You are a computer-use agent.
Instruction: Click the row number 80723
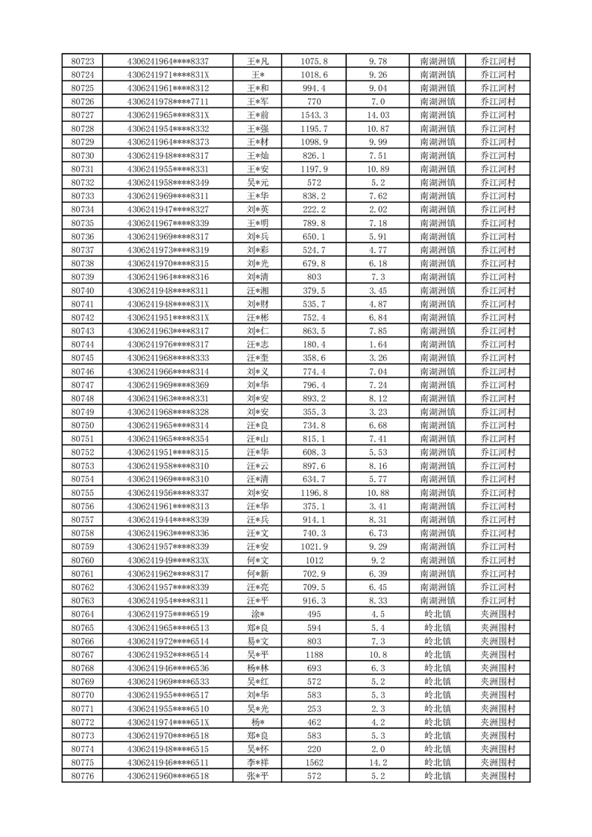(82, 61)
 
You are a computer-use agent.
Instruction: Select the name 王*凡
(258, 61)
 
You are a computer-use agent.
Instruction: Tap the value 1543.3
(314, 115)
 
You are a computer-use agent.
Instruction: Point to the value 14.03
(378, 115)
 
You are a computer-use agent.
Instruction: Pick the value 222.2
(314, 210)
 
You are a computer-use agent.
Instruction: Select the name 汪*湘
(258, 290)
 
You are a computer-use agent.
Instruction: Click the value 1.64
(378, 345)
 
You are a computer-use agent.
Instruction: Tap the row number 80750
(82, 425)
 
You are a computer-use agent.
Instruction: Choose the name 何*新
(258, 574)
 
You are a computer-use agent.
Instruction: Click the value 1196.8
(314, 493)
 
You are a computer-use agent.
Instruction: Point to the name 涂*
(258, 614)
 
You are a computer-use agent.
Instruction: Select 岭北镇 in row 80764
(438, 614)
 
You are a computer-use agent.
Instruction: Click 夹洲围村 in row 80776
(498, 777)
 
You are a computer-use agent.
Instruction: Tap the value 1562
(314, 763)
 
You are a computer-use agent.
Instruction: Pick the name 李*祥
(258, 763)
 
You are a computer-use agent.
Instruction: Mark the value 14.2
(378, 763)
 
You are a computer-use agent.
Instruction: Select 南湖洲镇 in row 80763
(438, 601)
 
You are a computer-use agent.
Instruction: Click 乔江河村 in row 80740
(498, 290)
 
